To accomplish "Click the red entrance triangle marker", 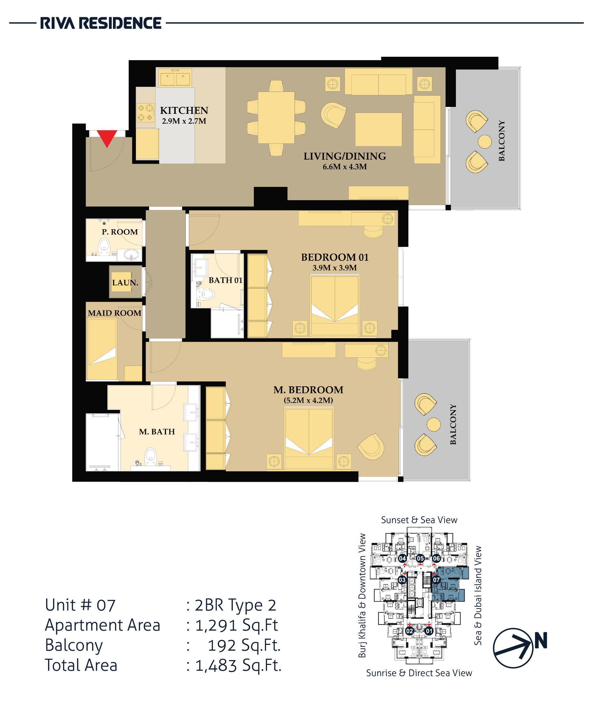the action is (107, 138).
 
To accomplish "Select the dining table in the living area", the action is (276, 118).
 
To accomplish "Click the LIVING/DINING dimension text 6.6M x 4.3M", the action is (345, 167).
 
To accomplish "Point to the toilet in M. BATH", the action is (151, 457).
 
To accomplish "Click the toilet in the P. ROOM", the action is (104, 247).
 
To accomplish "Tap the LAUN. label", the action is (125, 283).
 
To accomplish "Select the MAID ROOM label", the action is (115, 313).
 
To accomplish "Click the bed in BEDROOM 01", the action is (334, 305).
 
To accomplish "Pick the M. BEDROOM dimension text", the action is (308, 400).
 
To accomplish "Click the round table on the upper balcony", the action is (485, 141).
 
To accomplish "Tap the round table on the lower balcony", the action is (434, 424).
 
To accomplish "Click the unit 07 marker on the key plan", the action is (436, 580).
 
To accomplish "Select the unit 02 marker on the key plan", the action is (409, 631).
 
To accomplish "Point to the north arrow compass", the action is (513, 648).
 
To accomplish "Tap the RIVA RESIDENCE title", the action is (101, 23).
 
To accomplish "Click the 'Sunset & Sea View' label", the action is (419, 520).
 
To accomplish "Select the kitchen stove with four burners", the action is (146, 113).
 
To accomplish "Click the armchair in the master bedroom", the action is (371, 446).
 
